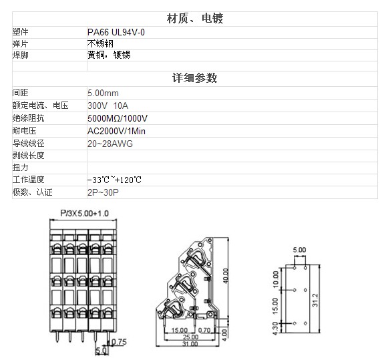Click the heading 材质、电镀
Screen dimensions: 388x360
tap(195, 19)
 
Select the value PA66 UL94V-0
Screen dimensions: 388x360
tap(116, 32)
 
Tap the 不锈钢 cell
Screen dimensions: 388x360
tap(100, 44)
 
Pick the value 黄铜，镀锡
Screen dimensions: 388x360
tap(109, 55)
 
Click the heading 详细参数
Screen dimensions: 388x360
tap(195, 78)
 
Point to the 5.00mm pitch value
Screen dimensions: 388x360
tap(103, 93)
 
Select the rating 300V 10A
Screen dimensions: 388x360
tap(108, 106)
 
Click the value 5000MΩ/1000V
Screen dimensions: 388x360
tap(118, 118)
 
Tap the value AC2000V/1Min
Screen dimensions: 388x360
tap(116, 131)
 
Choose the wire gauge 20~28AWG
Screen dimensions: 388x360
tap(110, 144)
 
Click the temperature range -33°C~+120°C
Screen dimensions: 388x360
tap(114, 180)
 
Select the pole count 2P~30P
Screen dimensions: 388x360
tap(103, 192)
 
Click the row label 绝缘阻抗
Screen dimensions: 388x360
tap(28, 118)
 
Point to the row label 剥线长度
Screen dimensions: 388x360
tap(28, 156)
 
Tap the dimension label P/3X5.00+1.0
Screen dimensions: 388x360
tap(84, 213)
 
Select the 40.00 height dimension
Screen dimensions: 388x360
tap(226, 276)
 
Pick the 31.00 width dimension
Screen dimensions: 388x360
tap(190, 344)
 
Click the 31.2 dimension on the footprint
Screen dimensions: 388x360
tap(315, 300)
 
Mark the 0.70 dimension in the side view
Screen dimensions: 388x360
tap(204, 330)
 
